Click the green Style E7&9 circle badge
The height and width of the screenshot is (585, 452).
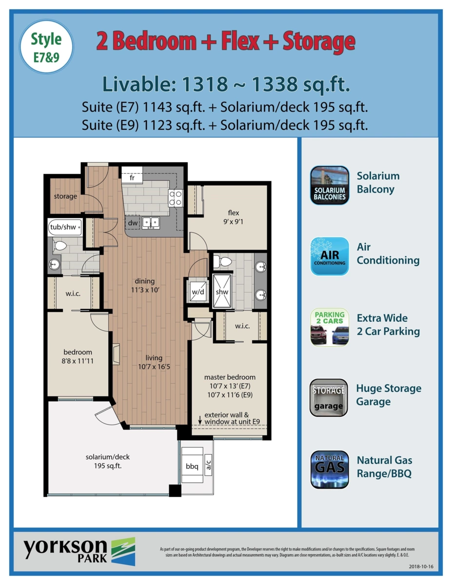pyautogui.click(x=46, y=47)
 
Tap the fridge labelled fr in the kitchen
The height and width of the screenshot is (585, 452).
pyautogui.click(x=132, y=175)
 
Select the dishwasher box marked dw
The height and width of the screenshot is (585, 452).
pyautogui.click(x=133, y=223)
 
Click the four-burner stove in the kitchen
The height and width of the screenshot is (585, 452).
pyautogui.click(x=175, y=198)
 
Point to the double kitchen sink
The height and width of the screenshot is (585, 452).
pyautogui.click(x=151, y=223)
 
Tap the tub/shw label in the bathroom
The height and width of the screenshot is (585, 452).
pyautogui.click(x=63, y=227)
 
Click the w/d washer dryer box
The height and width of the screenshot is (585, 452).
pyautogui.click(x=198, y=292)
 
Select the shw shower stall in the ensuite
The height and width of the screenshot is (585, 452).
pyautogui.click(x=222, y=291)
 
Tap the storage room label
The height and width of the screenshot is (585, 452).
pyautogui.click(x=65, y=196)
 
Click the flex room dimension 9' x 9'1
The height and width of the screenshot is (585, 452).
pyautogui.click(x=233, y=221)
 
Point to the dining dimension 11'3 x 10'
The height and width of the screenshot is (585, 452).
pyautogui.click(x=145, y=290)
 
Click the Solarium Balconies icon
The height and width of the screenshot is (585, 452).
pyautogui.click(x=330, y=185)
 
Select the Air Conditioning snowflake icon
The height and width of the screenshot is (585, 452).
pyautogui.click(x=330, y=256)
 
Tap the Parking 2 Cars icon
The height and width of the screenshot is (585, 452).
pyautogui.click(x=330, y=327)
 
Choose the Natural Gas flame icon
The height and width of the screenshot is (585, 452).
pyautogui.click(x=330, y=469)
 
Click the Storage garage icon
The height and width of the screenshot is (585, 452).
pyautogui.click(x=329, y=398)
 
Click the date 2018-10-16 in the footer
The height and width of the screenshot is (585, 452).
pyautogui.click(x=421, y=566)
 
